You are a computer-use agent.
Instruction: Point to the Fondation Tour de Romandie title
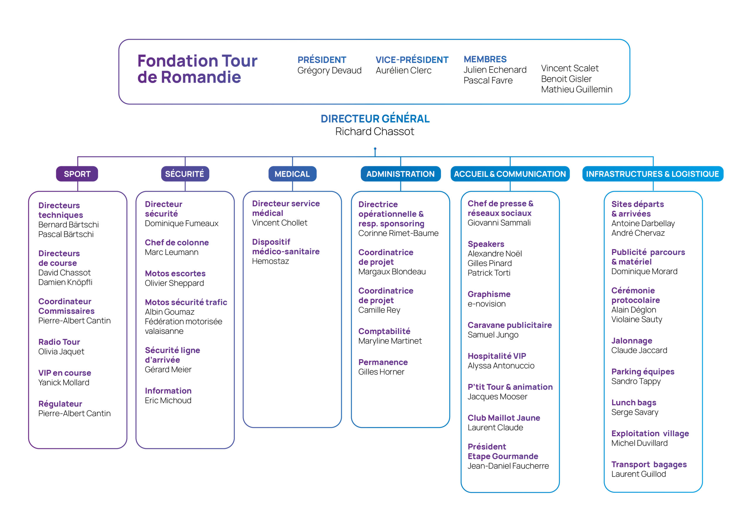(197, 69)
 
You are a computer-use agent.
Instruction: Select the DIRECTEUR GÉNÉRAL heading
(375, 119)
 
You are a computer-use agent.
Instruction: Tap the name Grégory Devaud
(329, 70)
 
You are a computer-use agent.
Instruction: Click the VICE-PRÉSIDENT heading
(412, 60)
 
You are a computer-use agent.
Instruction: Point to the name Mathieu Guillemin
(577, 89)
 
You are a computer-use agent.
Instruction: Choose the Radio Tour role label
(59, 342)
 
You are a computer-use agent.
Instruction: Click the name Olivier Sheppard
(174, 283)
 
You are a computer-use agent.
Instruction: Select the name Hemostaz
(270, 261)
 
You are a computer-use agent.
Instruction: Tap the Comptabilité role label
(384, 331)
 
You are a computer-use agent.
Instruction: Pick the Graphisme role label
(489, 294)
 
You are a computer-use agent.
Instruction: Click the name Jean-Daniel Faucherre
(508, 466)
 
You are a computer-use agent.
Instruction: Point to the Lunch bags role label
(634, 403)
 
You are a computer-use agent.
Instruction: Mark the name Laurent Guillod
(639, 474)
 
